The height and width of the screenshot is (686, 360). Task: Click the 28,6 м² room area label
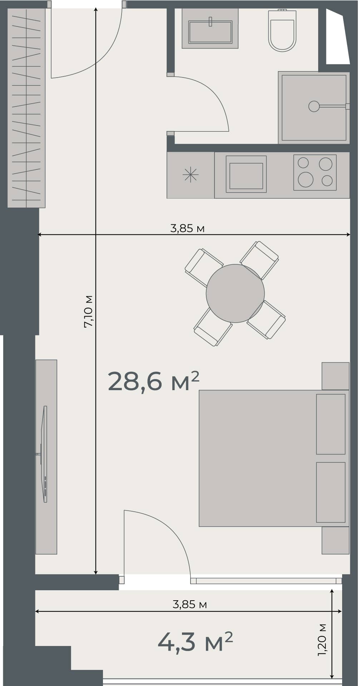tap(153, 382)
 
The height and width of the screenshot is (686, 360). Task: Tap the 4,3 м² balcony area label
tap(195, 642)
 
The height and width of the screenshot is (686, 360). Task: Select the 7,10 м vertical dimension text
tap(88, 311)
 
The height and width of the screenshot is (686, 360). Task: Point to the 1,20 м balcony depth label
tap(322, 640)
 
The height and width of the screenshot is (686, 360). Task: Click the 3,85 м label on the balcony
tap(189, 605)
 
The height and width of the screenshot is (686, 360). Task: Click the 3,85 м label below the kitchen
tap(187, 228)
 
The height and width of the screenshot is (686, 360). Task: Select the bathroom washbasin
tap(210, 31)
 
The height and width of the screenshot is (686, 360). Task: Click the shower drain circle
tap(314, 106)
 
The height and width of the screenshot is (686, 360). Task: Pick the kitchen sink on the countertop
tap(246, 175)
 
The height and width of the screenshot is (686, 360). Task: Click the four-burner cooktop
tap(315, 173)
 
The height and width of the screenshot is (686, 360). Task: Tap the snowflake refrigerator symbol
tap(190, 175)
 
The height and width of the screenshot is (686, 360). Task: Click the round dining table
tap(235, 293)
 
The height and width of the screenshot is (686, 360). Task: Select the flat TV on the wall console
tap(45, 454)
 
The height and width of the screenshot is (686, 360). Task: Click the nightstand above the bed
tap(335, 376)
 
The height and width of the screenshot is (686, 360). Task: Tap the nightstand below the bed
tap(335, 541)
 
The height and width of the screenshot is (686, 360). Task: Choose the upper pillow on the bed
tap(331, 424)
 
